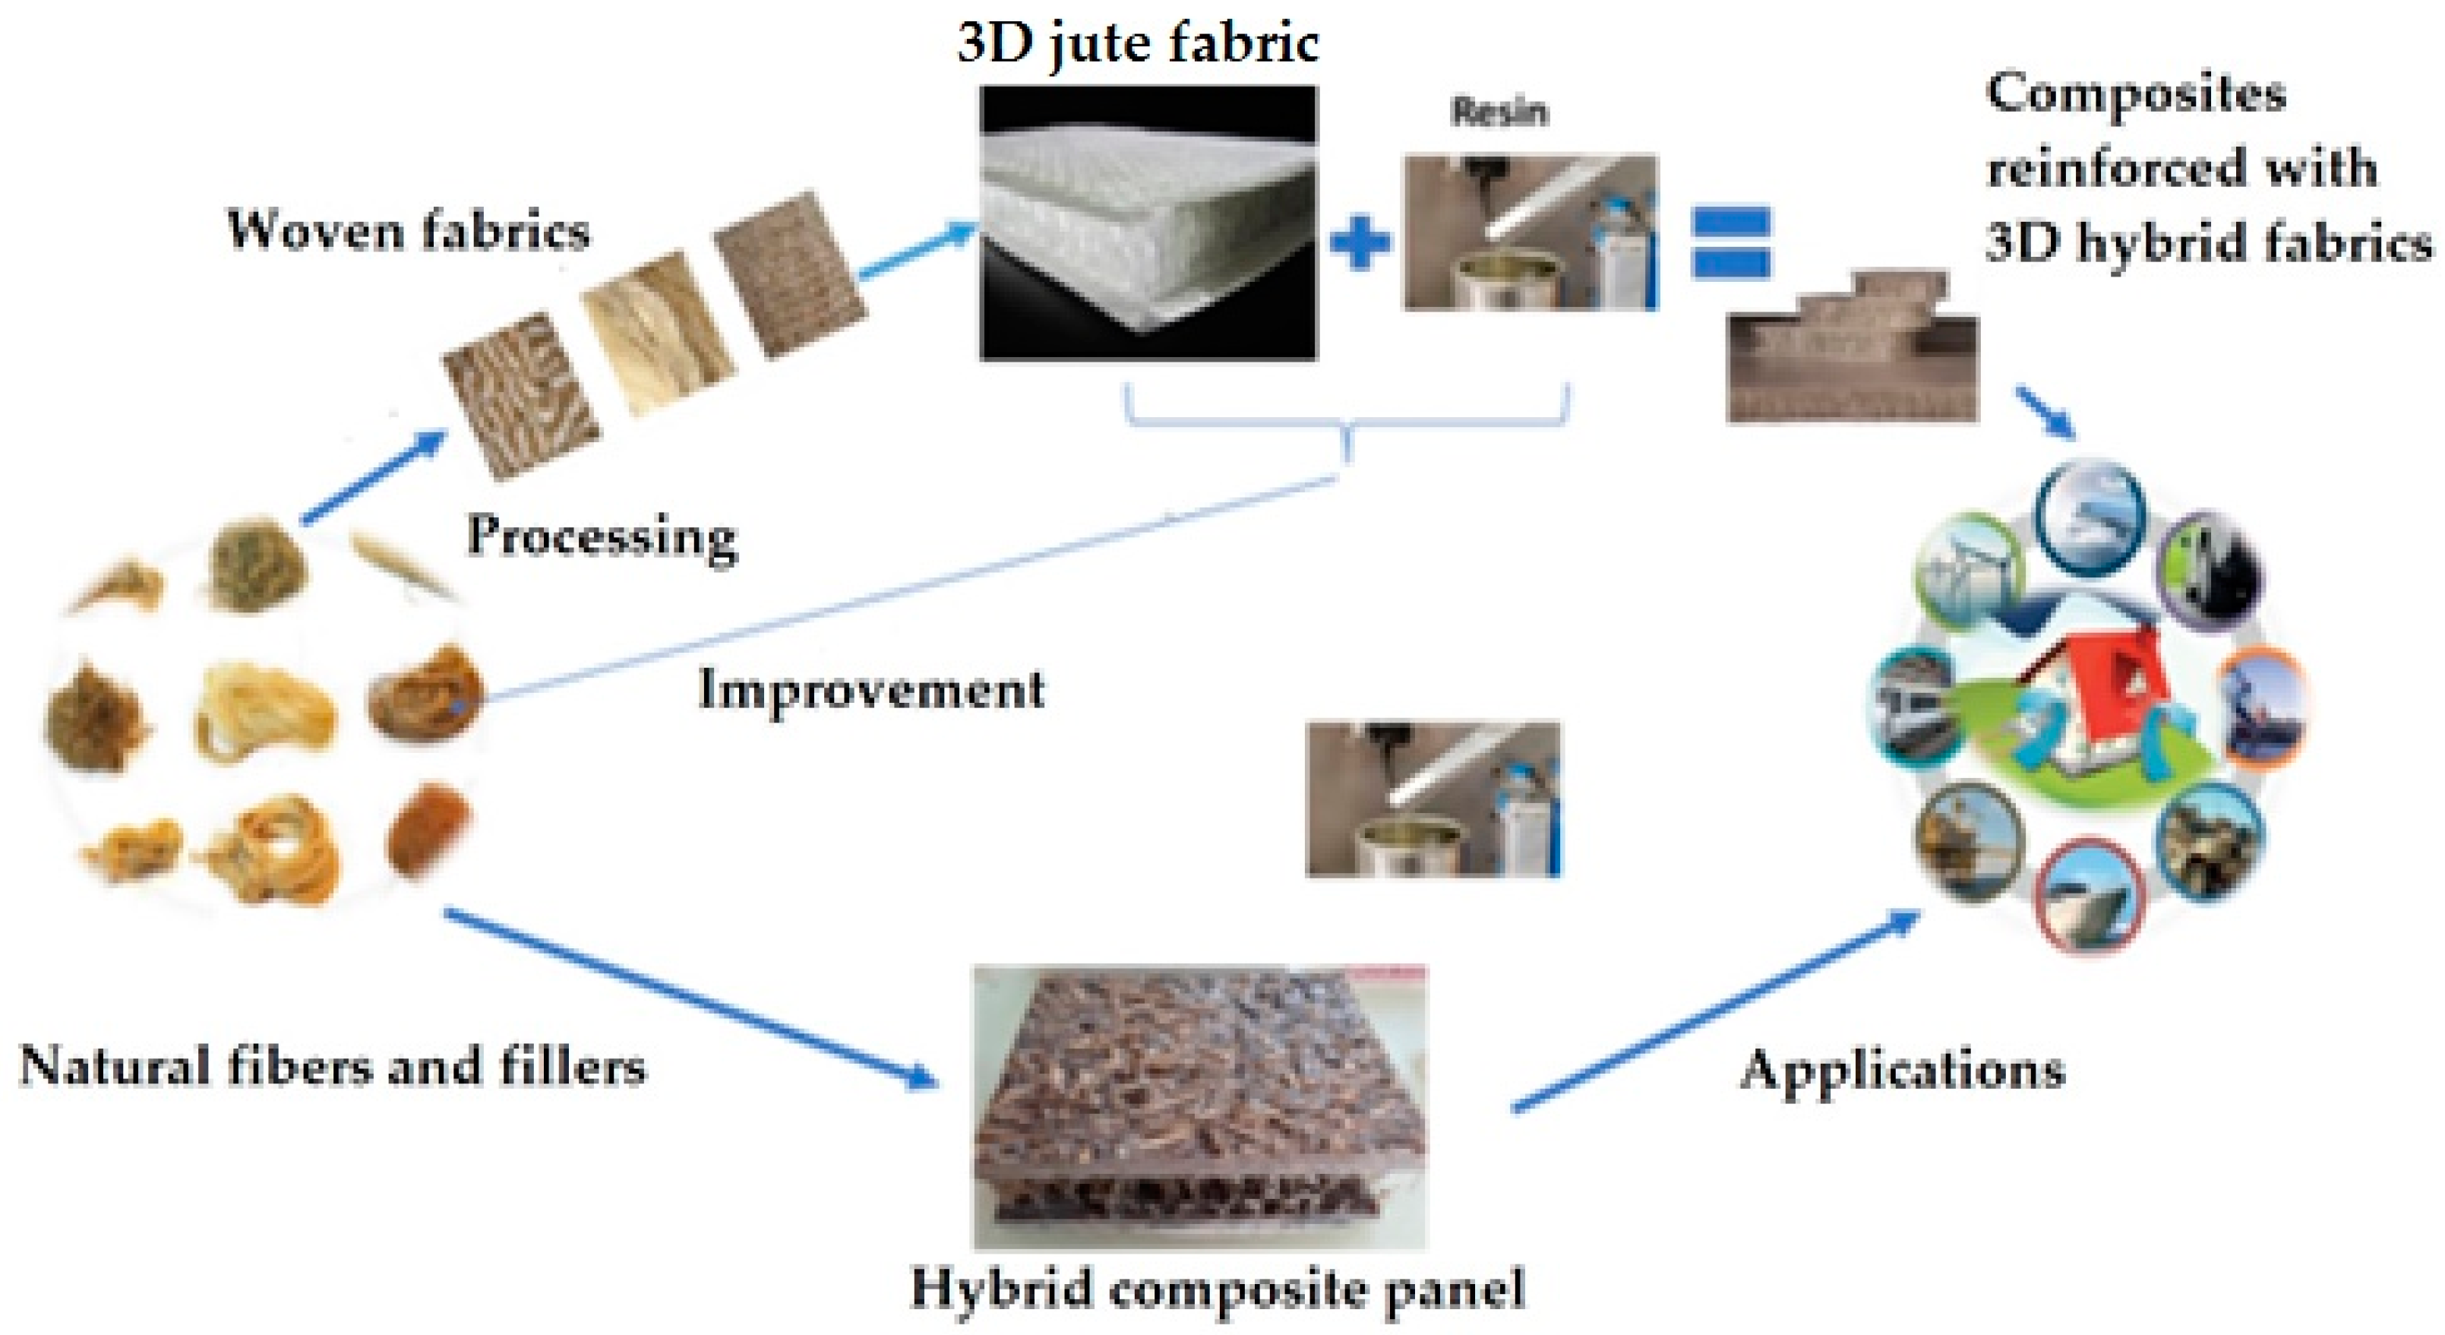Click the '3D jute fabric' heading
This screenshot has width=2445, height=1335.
(x=1137, y=43)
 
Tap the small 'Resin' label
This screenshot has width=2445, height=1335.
(x=1499, y=112)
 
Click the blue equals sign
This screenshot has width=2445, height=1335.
(x=1730, y=242)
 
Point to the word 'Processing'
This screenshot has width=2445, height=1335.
(x=602, y=537)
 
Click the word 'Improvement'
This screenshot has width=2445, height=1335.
(x=870, y=689)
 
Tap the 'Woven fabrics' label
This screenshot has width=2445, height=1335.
(x=408, y=231)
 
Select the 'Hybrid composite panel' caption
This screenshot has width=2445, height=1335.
(x=1218, y=1289)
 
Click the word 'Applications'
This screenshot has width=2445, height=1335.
(x=1903, y=1070)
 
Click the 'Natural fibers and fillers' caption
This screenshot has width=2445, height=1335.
(x=332, y=1066)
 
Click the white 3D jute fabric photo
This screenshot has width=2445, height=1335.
(x=1148, y=223)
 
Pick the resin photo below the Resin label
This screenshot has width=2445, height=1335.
(x=1530, y=233)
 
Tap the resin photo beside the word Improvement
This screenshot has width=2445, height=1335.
(x=1433, y=798)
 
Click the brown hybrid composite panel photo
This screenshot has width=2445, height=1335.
(x=1200, y=1106)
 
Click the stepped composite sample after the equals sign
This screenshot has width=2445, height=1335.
(x=1851, y=351)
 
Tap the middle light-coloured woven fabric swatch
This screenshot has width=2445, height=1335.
(x=658, y=332)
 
